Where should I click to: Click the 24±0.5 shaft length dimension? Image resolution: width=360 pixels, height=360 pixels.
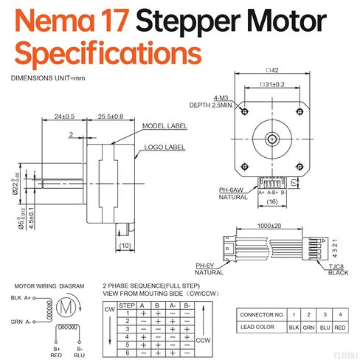click(x=65, y=117)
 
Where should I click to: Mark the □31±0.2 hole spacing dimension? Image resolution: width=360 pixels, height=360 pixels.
click(x=269, y=86)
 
